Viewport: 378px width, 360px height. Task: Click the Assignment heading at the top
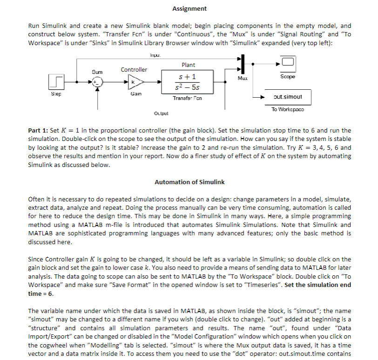click(189, 9)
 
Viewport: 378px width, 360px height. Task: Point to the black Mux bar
click(243, 64)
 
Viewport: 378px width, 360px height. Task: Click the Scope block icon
click(287, 62)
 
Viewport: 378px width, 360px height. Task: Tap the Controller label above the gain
click(134, 70)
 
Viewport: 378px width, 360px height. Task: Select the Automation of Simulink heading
click(189, 182)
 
